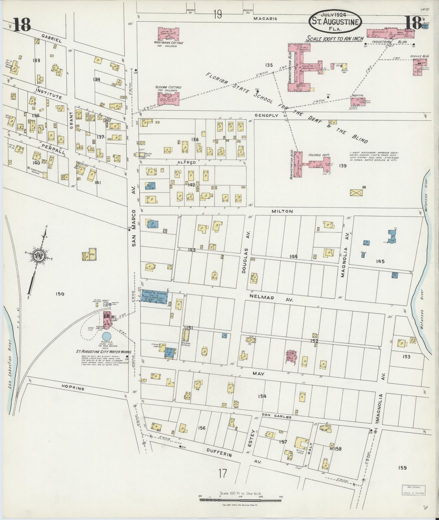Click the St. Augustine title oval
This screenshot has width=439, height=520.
coord(335,21)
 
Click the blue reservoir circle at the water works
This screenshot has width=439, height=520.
coord(107,336)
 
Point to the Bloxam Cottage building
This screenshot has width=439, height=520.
coord(168,99)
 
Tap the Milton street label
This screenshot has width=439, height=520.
coord(282,211)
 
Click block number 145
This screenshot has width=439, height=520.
coord(380,261)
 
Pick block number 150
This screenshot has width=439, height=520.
coord(60,294)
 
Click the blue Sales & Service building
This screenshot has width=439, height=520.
coord(155,295)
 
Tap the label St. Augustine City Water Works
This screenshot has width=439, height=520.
coord(103,352)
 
